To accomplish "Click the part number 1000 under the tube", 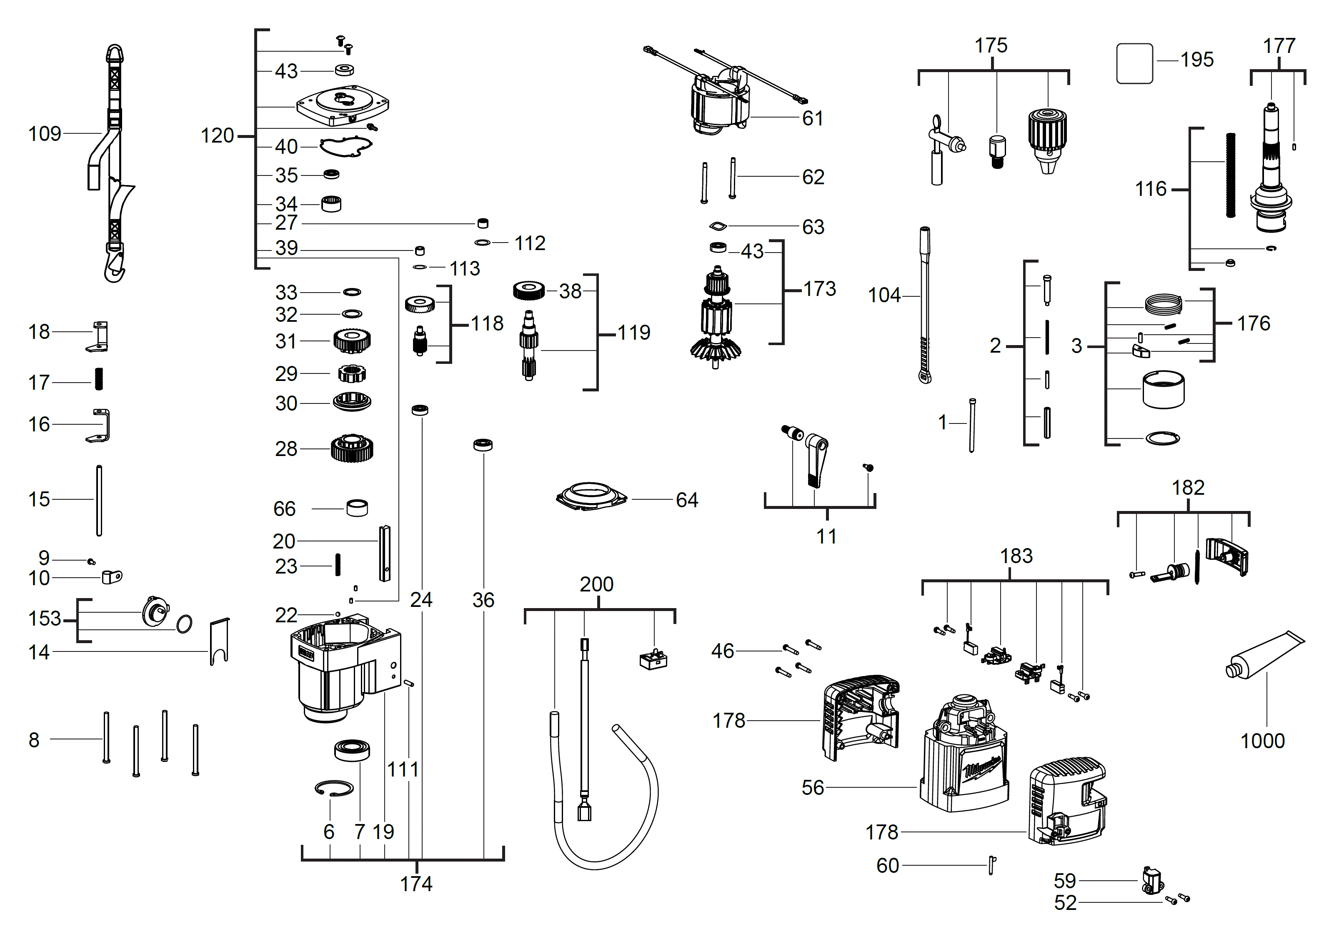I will (x=1262, y=741).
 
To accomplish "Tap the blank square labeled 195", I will (x=1134, y=63).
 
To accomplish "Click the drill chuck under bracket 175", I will (x=1047, y=140).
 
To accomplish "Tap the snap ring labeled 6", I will (x=333, y=788).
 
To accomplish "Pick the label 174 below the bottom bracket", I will (x=416, y=884).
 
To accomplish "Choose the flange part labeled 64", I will (x=591, y=497).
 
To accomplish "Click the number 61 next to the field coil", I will (x=812, y=118).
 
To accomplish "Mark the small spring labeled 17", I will (x=98, y=380).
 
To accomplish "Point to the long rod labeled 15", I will (x=99, y=500).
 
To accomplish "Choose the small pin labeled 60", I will (x=991, y=865).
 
